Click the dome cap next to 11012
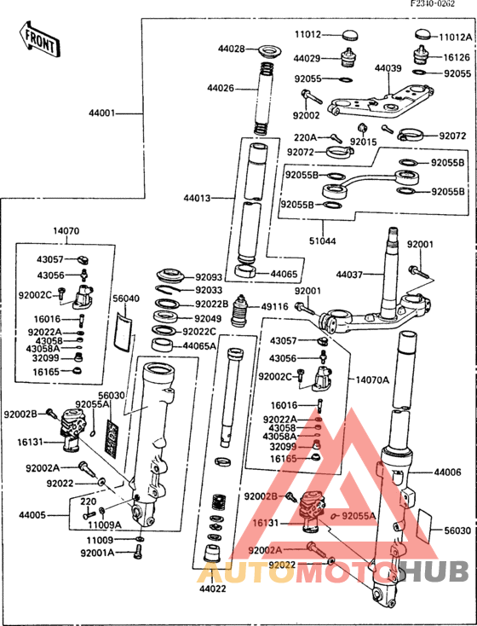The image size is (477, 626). click(349, 35)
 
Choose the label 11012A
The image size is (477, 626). click(454, 38)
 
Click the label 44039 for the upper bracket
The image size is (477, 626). click(388, 68)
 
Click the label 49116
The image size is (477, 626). click(276, 306)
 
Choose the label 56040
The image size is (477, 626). click(126, 299)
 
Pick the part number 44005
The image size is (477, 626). click(33, 515)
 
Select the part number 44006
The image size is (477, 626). click(448, 472)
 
